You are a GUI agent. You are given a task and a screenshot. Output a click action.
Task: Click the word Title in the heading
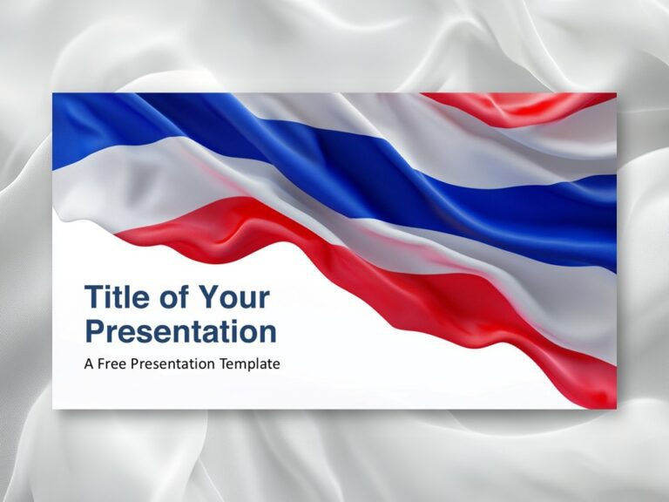pos(117,297)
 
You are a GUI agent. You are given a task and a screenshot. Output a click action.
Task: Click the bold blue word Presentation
pos(180,331)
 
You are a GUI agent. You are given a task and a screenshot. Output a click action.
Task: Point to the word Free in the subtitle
pos(112,363)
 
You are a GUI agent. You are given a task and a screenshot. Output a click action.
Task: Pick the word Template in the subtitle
pos(249,363)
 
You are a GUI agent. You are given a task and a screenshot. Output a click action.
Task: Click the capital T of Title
pos(93,297)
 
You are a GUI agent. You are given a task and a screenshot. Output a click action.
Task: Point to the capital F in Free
pos(103,363)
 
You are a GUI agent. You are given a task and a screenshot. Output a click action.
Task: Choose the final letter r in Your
pos(263,300)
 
